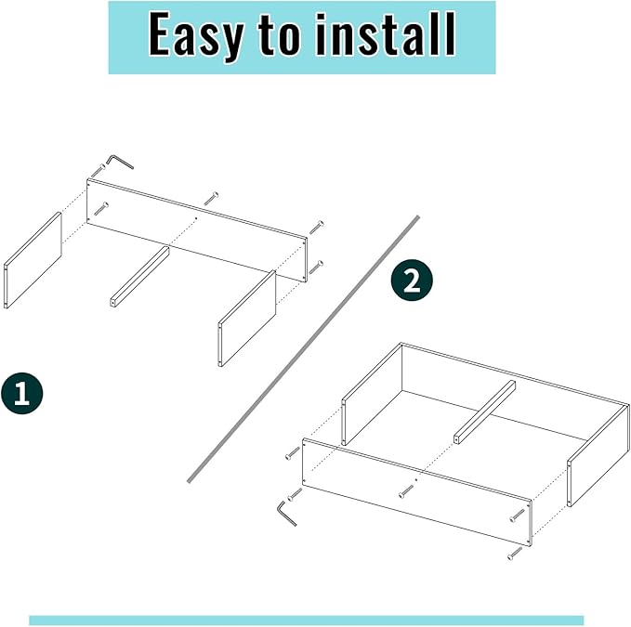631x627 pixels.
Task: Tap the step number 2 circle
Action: pos(412,281)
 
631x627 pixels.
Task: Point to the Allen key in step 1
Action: pos(120,162)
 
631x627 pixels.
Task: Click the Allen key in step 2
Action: pos(286,512)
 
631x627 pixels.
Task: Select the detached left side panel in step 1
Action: pos(33,260)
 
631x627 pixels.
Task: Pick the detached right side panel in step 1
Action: pos(247,318)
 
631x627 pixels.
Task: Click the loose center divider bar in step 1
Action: pos(139,276)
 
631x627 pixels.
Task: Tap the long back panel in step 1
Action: pos(196,229)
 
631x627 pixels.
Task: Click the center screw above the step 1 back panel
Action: pos(211,198)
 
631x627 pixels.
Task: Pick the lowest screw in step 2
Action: pos(515,554)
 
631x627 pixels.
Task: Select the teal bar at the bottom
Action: pos(306,620)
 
